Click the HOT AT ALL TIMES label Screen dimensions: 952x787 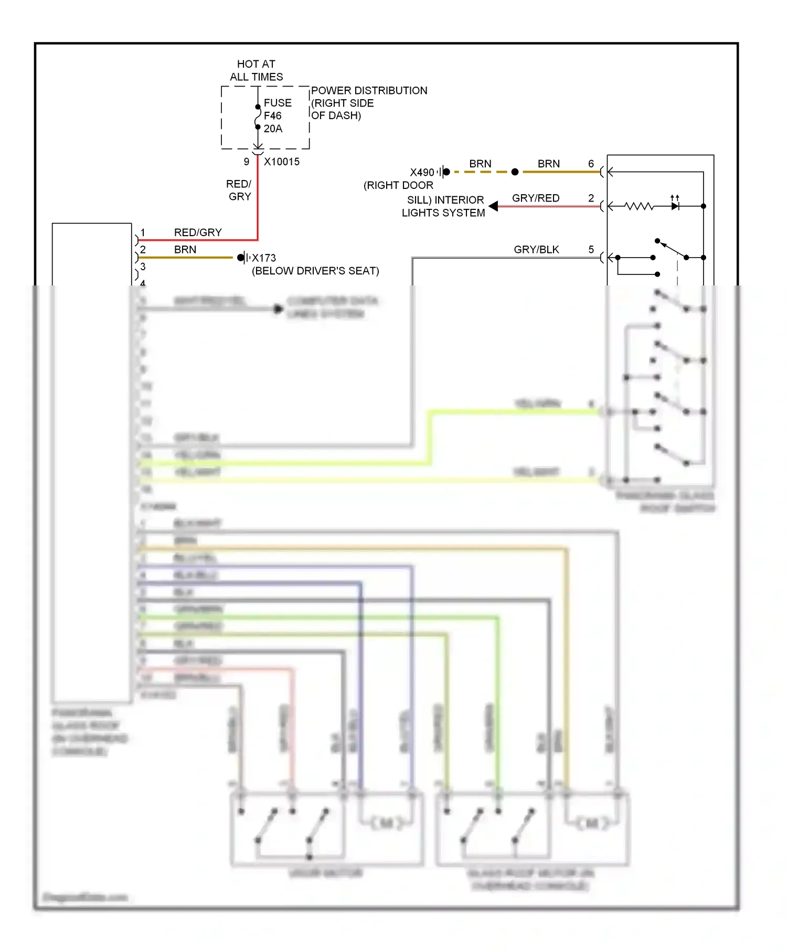pos(256,70)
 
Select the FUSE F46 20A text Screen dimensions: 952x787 pos(277,115)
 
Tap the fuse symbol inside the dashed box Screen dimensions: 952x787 pos(258,117)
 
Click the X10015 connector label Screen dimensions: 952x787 pos(281,162)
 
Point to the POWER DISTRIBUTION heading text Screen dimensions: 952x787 pos(369,90)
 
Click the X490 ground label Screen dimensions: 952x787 pos(422,172)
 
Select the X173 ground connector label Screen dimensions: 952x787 pos(263,258)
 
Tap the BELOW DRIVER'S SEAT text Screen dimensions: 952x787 pos(315,271)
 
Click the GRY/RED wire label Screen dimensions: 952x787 pos(536,198)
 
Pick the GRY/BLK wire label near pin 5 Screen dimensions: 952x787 pos(536,249)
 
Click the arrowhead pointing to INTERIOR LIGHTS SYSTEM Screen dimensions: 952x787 pos(493,206)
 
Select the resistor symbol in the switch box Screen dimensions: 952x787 pos(639,206)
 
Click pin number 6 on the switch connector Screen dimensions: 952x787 pos(591,164)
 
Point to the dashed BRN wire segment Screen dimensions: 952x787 pos(480,172)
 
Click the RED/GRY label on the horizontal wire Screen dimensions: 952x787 pos(198,232)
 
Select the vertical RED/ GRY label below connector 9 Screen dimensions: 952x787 pos(239,190)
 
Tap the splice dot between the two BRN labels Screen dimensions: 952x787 pos(515,172)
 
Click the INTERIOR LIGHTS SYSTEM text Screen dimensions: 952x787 pos(444,206)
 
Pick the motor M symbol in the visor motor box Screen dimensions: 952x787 pos(386,823)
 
